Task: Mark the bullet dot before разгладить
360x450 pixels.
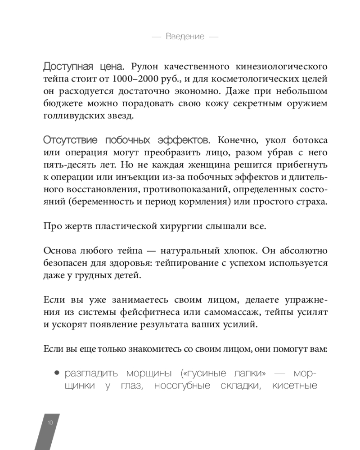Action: [x=57, y=373]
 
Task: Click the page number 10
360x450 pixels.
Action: [x=50, y=423]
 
